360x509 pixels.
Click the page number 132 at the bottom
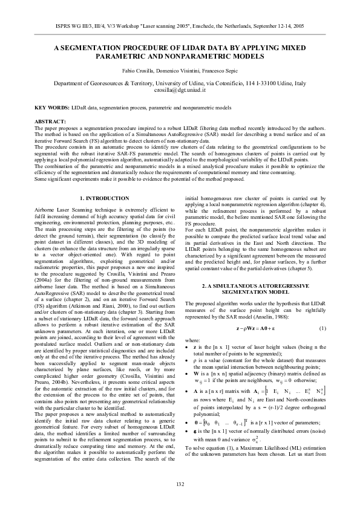[180, 484]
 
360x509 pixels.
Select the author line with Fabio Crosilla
[180, 71]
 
